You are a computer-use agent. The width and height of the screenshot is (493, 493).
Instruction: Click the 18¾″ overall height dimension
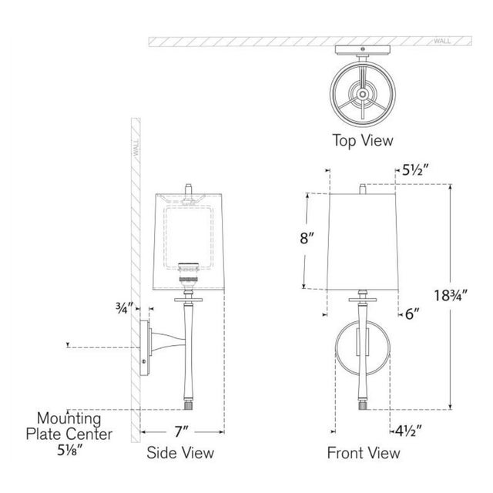(451, 296)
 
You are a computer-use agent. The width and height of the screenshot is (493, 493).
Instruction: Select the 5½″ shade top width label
(416, 170)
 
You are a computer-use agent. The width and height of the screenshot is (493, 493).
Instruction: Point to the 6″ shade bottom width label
(412, 314)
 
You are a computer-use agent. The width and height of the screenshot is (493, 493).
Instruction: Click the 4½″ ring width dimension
(408, 431)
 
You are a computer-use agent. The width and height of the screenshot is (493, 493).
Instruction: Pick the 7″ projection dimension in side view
(181, 431)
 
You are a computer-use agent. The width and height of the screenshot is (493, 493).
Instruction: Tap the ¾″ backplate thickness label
(125, 308)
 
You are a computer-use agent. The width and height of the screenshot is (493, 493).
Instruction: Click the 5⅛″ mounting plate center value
(70, 450)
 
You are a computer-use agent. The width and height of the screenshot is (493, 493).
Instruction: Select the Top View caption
(363, 140)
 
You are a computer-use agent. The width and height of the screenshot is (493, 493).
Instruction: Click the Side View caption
(180, 453)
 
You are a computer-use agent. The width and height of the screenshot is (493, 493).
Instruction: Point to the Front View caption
(364, 453)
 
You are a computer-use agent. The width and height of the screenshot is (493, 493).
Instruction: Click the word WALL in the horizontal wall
(442, 41)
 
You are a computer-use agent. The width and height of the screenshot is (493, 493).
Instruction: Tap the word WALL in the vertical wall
(136, 148)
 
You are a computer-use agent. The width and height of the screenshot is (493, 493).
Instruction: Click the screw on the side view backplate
(144, 361)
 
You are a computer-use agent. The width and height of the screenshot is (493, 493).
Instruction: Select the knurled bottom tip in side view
(188, 405)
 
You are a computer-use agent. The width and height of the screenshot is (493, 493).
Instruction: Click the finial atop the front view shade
(363, 189)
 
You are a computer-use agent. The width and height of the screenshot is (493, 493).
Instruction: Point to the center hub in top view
(363, 94)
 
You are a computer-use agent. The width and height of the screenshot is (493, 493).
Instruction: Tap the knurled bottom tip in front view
(363, 405)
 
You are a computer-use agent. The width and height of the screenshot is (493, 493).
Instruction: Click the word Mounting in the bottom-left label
(69, 418)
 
